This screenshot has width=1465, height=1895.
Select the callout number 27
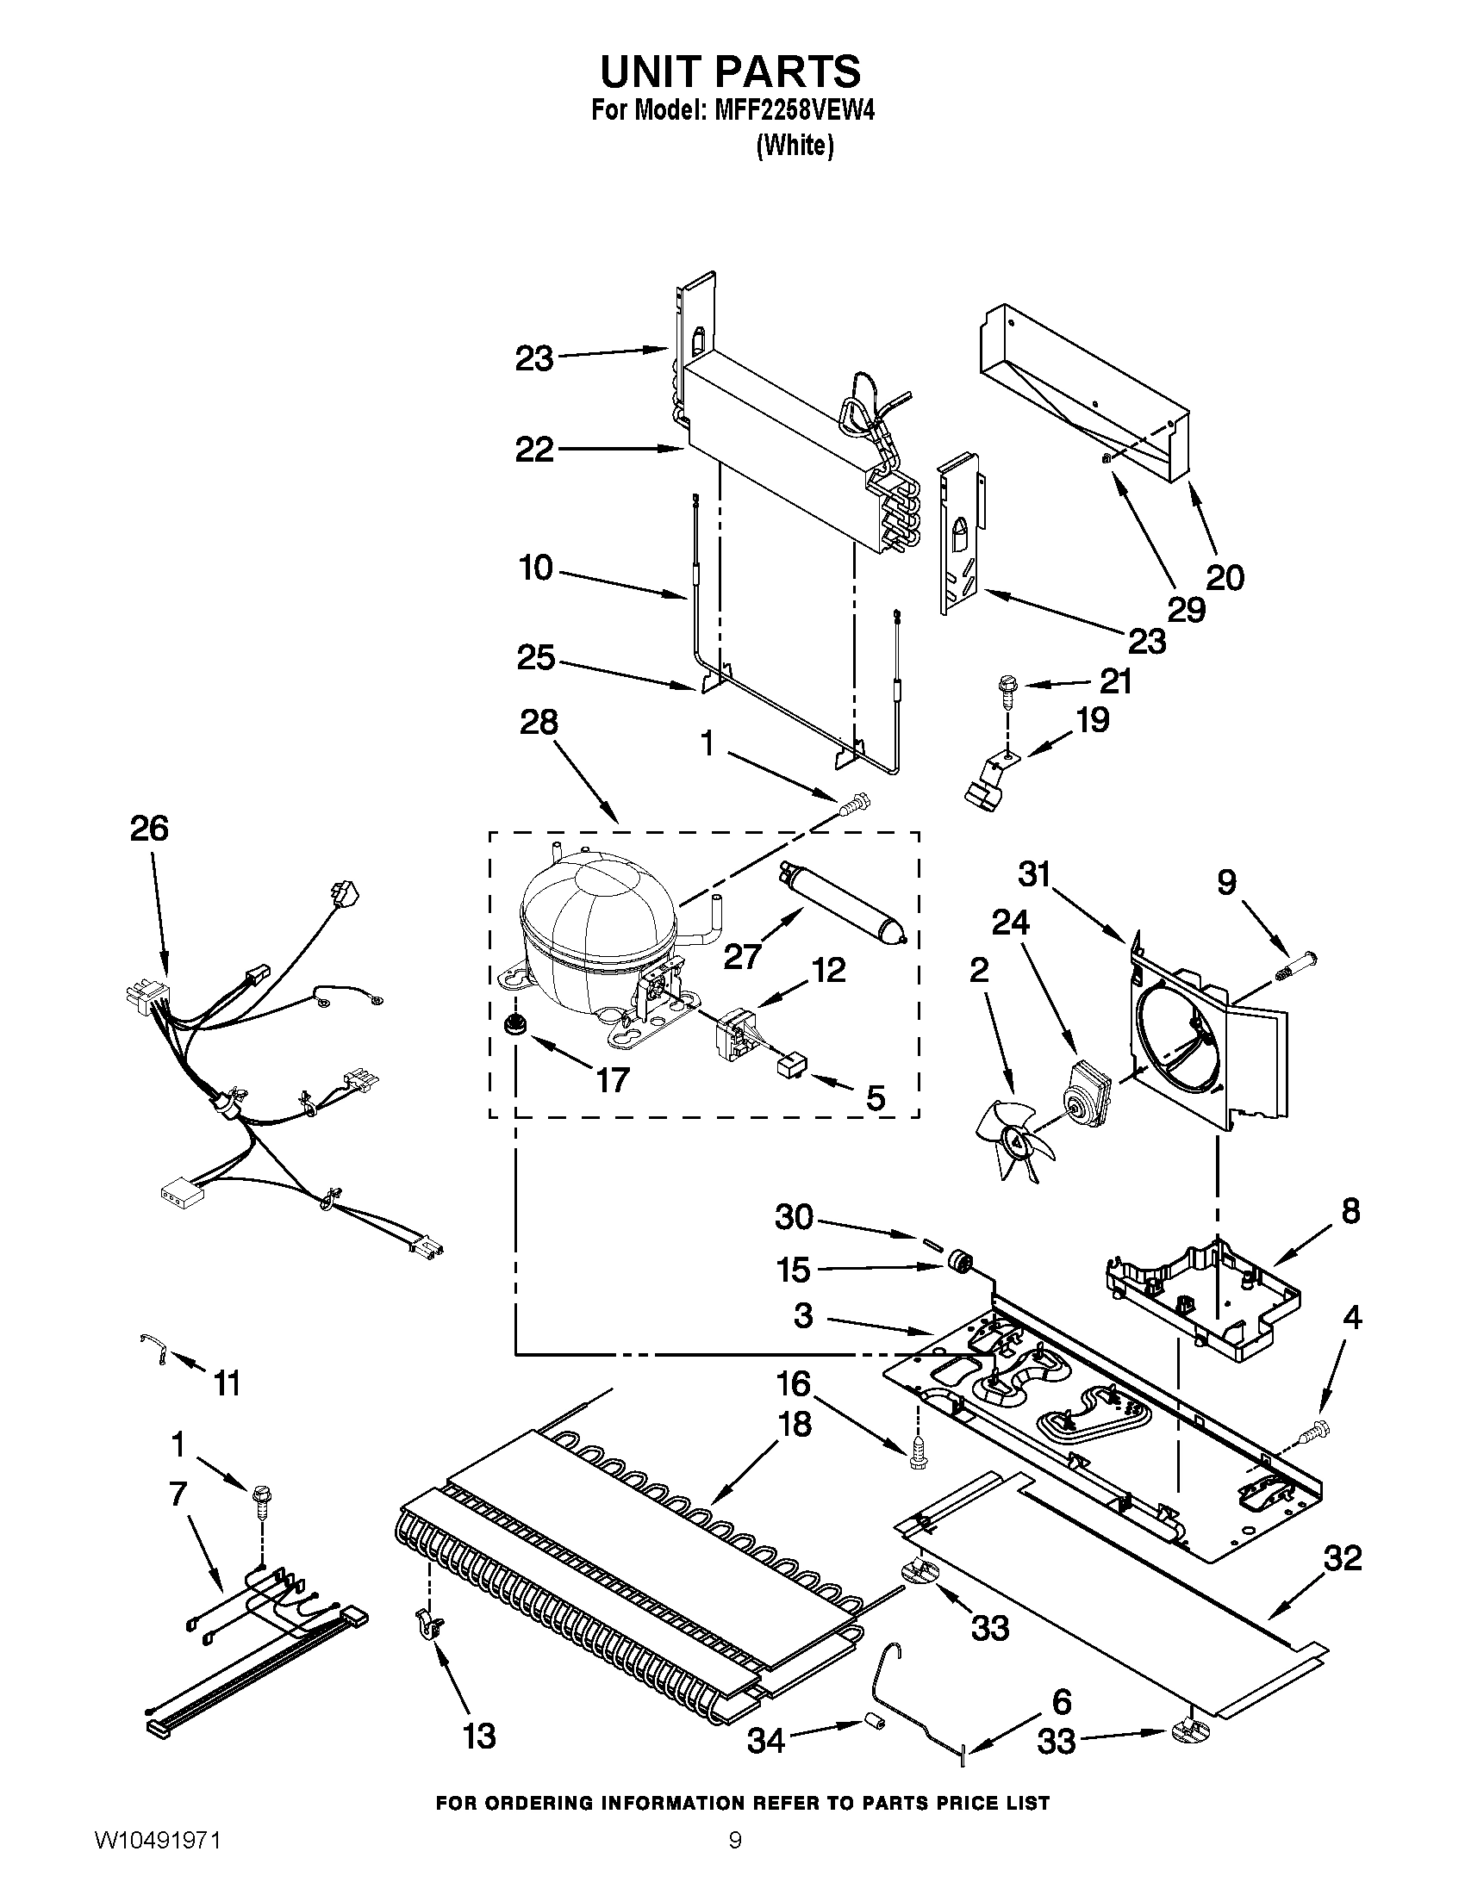742,956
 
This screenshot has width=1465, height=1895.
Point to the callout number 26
149,829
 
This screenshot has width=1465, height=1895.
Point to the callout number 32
1343,1558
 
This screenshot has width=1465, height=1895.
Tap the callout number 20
1225,576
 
